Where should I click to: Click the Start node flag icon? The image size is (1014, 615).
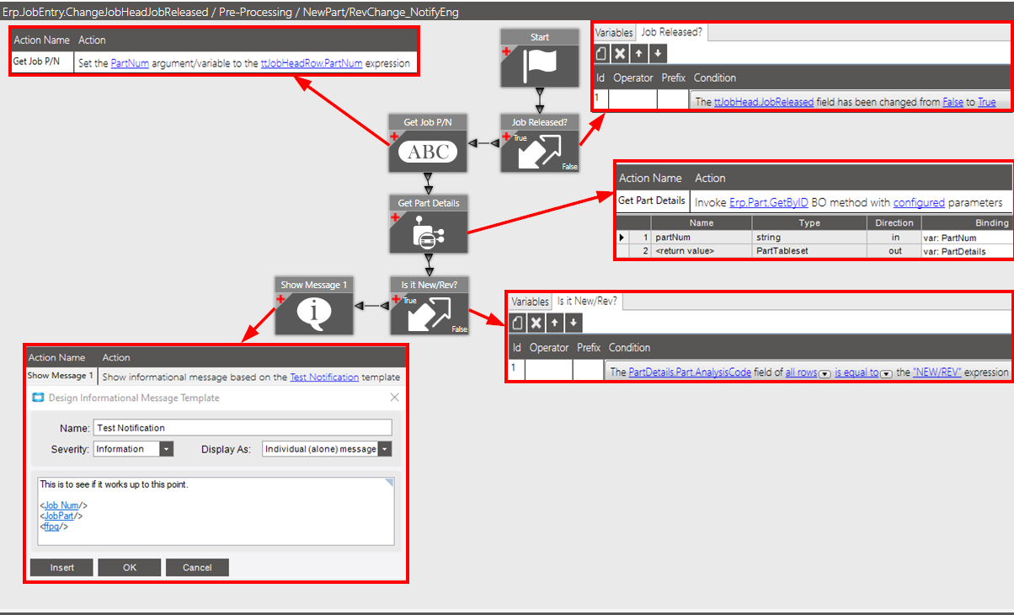(x=539, y=66)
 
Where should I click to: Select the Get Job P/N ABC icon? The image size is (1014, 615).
(x=428, y=152)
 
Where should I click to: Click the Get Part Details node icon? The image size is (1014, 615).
(x=428, y=233)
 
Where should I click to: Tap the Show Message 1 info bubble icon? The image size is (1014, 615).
(x=314, y=313)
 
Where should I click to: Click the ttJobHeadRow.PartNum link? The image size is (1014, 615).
(x=312, y=63)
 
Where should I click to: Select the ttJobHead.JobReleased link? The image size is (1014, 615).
(x=764, y=102)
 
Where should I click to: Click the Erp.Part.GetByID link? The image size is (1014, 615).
(x=769, y=202)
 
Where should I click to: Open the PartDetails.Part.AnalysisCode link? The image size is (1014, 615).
(x=690, y=372)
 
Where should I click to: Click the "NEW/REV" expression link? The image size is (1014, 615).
(x=937, y=372)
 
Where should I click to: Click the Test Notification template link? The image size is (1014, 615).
(x=324, y=377)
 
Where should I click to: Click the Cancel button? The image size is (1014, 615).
(x=197, y=568)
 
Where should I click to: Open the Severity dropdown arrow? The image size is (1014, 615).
(x=166, y=449)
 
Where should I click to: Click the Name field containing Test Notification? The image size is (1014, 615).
(x=243, y=427)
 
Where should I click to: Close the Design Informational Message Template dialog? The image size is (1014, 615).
(x=394, y=397)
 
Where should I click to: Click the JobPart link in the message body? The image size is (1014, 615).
(x=59, y=516)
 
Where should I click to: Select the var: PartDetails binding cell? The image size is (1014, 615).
(x=967, y=251)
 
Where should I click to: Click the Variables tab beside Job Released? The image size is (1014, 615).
(x=613, y=33)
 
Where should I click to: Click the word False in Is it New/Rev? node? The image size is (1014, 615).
(x=459, y=329)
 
